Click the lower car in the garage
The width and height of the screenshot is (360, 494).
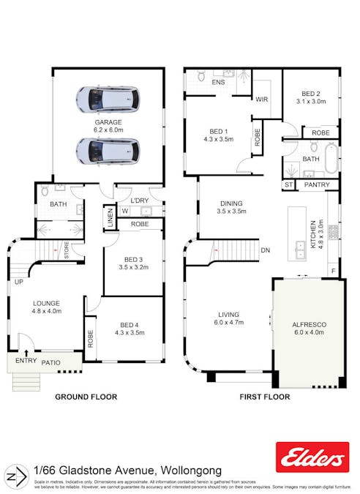point(107,151)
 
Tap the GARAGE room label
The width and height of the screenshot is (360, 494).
point(107,122)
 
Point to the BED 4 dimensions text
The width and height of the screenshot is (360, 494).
point(128,333)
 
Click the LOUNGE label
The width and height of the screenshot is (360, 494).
point(46,303)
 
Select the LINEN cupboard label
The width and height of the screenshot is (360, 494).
point(108,218)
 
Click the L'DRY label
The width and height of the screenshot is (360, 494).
point(139,201)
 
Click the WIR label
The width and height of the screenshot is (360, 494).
point(261,100)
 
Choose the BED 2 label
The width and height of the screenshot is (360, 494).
point(311,94)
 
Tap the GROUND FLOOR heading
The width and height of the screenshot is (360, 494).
point(86,397)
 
